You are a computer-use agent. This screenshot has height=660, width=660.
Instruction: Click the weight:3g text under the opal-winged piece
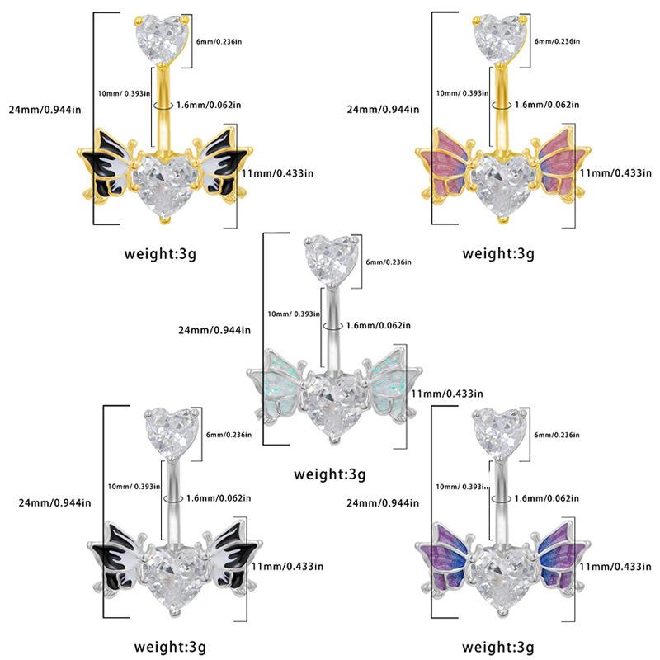pos(329,474)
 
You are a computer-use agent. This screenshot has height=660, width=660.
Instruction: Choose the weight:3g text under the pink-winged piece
pos(497,252)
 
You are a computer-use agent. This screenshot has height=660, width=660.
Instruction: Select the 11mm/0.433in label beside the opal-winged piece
pos(446,394)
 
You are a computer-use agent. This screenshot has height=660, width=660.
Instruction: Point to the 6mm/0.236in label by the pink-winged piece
pos(558,41)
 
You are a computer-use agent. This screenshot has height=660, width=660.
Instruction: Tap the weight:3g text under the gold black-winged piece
pos(161,252)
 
